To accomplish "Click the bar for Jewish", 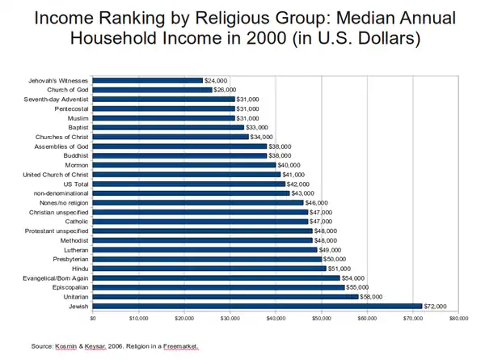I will (x=257, y=306).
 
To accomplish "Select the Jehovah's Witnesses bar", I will (x=148, y=80).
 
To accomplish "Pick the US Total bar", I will (x=189, y=184).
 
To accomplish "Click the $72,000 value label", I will (x=436, y=306).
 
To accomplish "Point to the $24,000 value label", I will (x=216, y=80).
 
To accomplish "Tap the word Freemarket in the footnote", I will (x=181, y=346).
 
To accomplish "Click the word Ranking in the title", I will (x=122, y=18).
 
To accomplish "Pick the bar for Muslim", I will (x=164, y=118).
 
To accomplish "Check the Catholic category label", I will (x=78, y=222).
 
